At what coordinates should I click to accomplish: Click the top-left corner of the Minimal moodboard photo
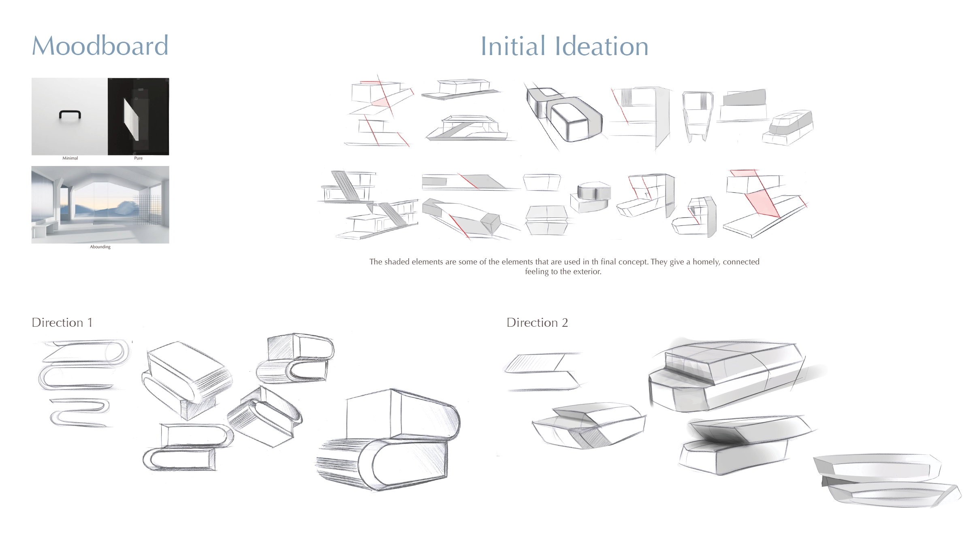coord(32,78)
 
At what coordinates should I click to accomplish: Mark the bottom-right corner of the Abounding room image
coord(169,243)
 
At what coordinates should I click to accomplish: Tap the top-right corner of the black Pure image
coord(169,78)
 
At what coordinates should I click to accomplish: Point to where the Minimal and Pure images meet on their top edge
coord(108,78)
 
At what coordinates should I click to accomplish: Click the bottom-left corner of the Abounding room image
coord(32,243)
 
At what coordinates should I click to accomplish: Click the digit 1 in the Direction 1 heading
coord(90,323)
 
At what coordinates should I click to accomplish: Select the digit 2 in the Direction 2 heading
coord(565,323)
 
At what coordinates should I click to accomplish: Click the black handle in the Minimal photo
coord(70,114)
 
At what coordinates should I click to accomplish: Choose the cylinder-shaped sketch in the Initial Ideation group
coord(594,190)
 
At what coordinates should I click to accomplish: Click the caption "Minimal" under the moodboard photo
coord(70,158)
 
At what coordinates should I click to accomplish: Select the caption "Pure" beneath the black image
coord(138,158)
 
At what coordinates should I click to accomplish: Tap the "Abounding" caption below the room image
coord(100,247)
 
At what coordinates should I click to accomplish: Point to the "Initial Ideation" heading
coord(564,46)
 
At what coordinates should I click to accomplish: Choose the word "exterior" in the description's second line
coord(588,272)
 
